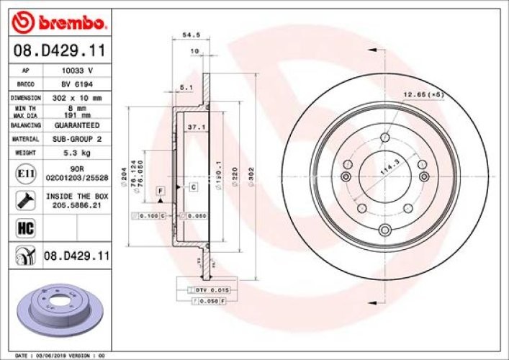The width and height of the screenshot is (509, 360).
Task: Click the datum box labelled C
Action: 194,187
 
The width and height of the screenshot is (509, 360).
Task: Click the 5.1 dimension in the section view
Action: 185,87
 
